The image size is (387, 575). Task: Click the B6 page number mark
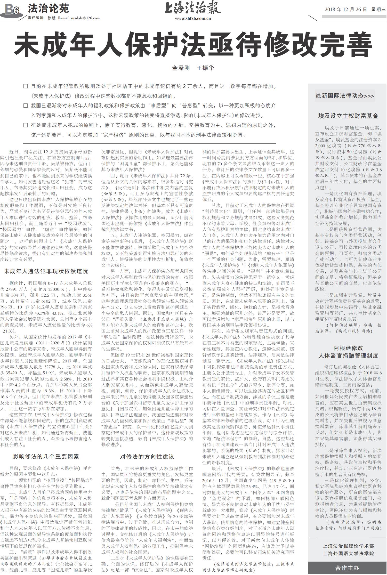(12, 10)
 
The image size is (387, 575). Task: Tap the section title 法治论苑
(48, 9)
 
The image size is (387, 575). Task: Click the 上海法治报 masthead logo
(193, 8)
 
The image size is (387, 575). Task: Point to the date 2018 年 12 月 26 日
(346, 10)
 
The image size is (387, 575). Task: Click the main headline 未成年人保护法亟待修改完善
(193, 46)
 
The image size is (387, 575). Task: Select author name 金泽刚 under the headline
(181, 68)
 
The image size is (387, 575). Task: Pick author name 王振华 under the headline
(205, 68)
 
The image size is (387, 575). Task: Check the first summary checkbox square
(25, 86)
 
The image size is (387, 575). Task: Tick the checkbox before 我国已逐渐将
(25, 106)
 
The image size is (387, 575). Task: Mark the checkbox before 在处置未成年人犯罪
(25, 125)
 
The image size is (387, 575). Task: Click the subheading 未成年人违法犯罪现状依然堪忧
(46, 271)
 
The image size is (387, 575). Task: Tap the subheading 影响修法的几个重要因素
(46, 456)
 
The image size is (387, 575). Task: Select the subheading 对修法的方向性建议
(147, 457)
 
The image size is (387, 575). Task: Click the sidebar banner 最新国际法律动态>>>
(345, 96)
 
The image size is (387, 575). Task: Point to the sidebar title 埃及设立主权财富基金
(348, 116)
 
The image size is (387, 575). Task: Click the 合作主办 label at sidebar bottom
(347, 568)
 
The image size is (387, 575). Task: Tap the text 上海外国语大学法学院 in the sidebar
(348, 554)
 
